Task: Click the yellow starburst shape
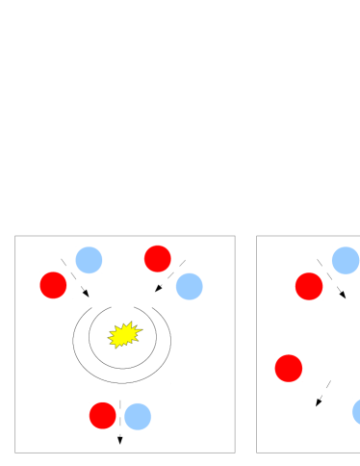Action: pyautogui.click(x=124, y=334)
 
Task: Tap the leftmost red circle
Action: pyautogui.click(x=53, y=285)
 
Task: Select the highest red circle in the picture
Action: pyautogui.click(x=157, y=258)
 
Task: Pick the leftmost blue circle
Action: pyautogui.click(x=89, y=260)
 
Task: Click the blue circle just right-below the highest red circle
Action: pyautogui.click(x=189, y=286)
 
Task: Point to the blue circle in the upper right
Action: pyautogui.click(x=345, y=260)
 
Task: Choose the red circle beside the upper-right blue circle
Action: pyautogui.click(x=308, y=286)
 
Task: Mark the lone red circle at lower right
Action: pyautogui.click(x=288, y=368)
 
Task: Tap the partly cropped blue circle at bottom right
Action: pyautogui.click(x=356, y=411)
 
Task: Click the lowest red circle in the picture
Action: pyautogui.click(x=102, y=415)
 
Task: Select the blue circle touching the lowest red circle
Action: pyautogui.click(x=138, y=416)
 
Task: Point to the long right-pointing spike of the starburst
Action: pyautogui.click(x=140, y=332)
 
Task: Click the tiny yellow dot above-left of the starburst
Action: pyautogui.click(x=107, y=322)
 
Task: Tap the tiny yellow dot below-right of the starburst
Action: pyautogui.click(x=142, y=348)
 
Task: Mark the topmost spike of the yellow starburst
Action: pyautogui.click(x=128, y=323)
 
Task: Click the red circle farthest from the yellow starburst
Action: pyautogui.click(x=308, y=286)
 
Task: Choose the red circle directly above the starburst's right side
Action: pyautogui.click(x=157, y=258)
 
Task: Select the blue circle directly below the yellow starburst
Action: pyautogui.click(x=138, y=416)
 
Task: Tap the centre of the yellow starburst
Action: pyautogui.click(x=124, y=334)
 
